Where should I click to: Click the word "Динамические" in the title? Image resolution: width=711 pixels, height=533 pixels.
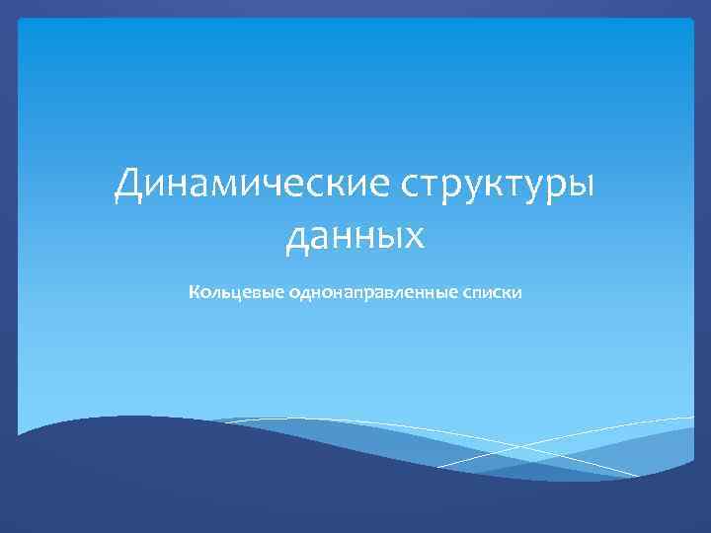[239, 185]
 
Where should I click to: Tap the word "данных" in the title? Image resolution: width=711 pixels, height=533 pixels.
[355, 236]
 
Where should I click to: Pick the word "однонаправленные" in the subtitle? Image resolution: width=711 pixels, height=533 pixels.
[371, 294]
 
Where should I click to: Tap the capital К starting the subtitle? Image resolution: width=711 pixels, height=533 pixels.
[195, 293]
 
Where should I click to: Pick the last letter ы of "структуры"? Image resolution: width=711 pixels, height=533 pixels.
[582, 187]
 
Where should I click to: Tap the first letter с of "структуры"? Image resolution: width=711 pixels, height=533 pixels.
[383, 187]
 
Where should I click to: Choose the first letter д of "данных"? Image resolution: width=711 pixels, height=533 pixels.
[297, 238]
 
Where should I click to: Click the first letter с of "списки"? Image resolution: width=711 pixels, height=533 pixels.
[463, 294]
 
